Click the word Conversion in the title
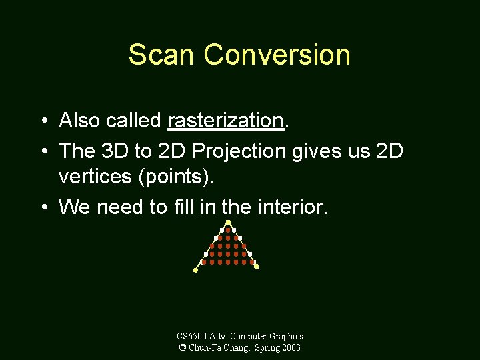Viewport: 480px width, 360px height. pyautogui.click(x=277, y=55)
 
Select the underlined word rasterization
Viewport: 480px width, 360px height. pyautogui.click(x=226, y=121)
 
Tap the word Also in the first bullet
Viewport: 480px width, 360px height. pyautogui.click(x=79, y=121)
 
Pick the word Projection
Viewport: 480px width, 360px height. pyautogui.click(x=240, y=151)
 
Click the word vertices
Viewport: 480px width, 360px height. pyautogui.click(x=93, y=177)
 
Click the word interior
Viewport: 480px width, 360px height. pyautogui.click(x=289, y=207)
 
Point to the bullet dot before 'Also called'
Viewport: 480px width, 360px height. pyautogui.click(x=43, y=121)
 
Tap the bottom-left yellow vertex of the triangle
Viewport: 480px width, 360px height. pyautogui.click(x=195, y=271)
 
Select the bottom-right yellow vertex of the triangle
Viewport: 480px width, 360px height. pyautogui.click(x=257, y=267)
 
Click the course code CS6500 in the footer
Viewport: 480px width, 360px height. pyautogui.click(x=194, y=337)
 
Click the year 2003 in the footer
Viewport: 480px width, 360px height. pyautogui.click(x=290, y=347)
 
